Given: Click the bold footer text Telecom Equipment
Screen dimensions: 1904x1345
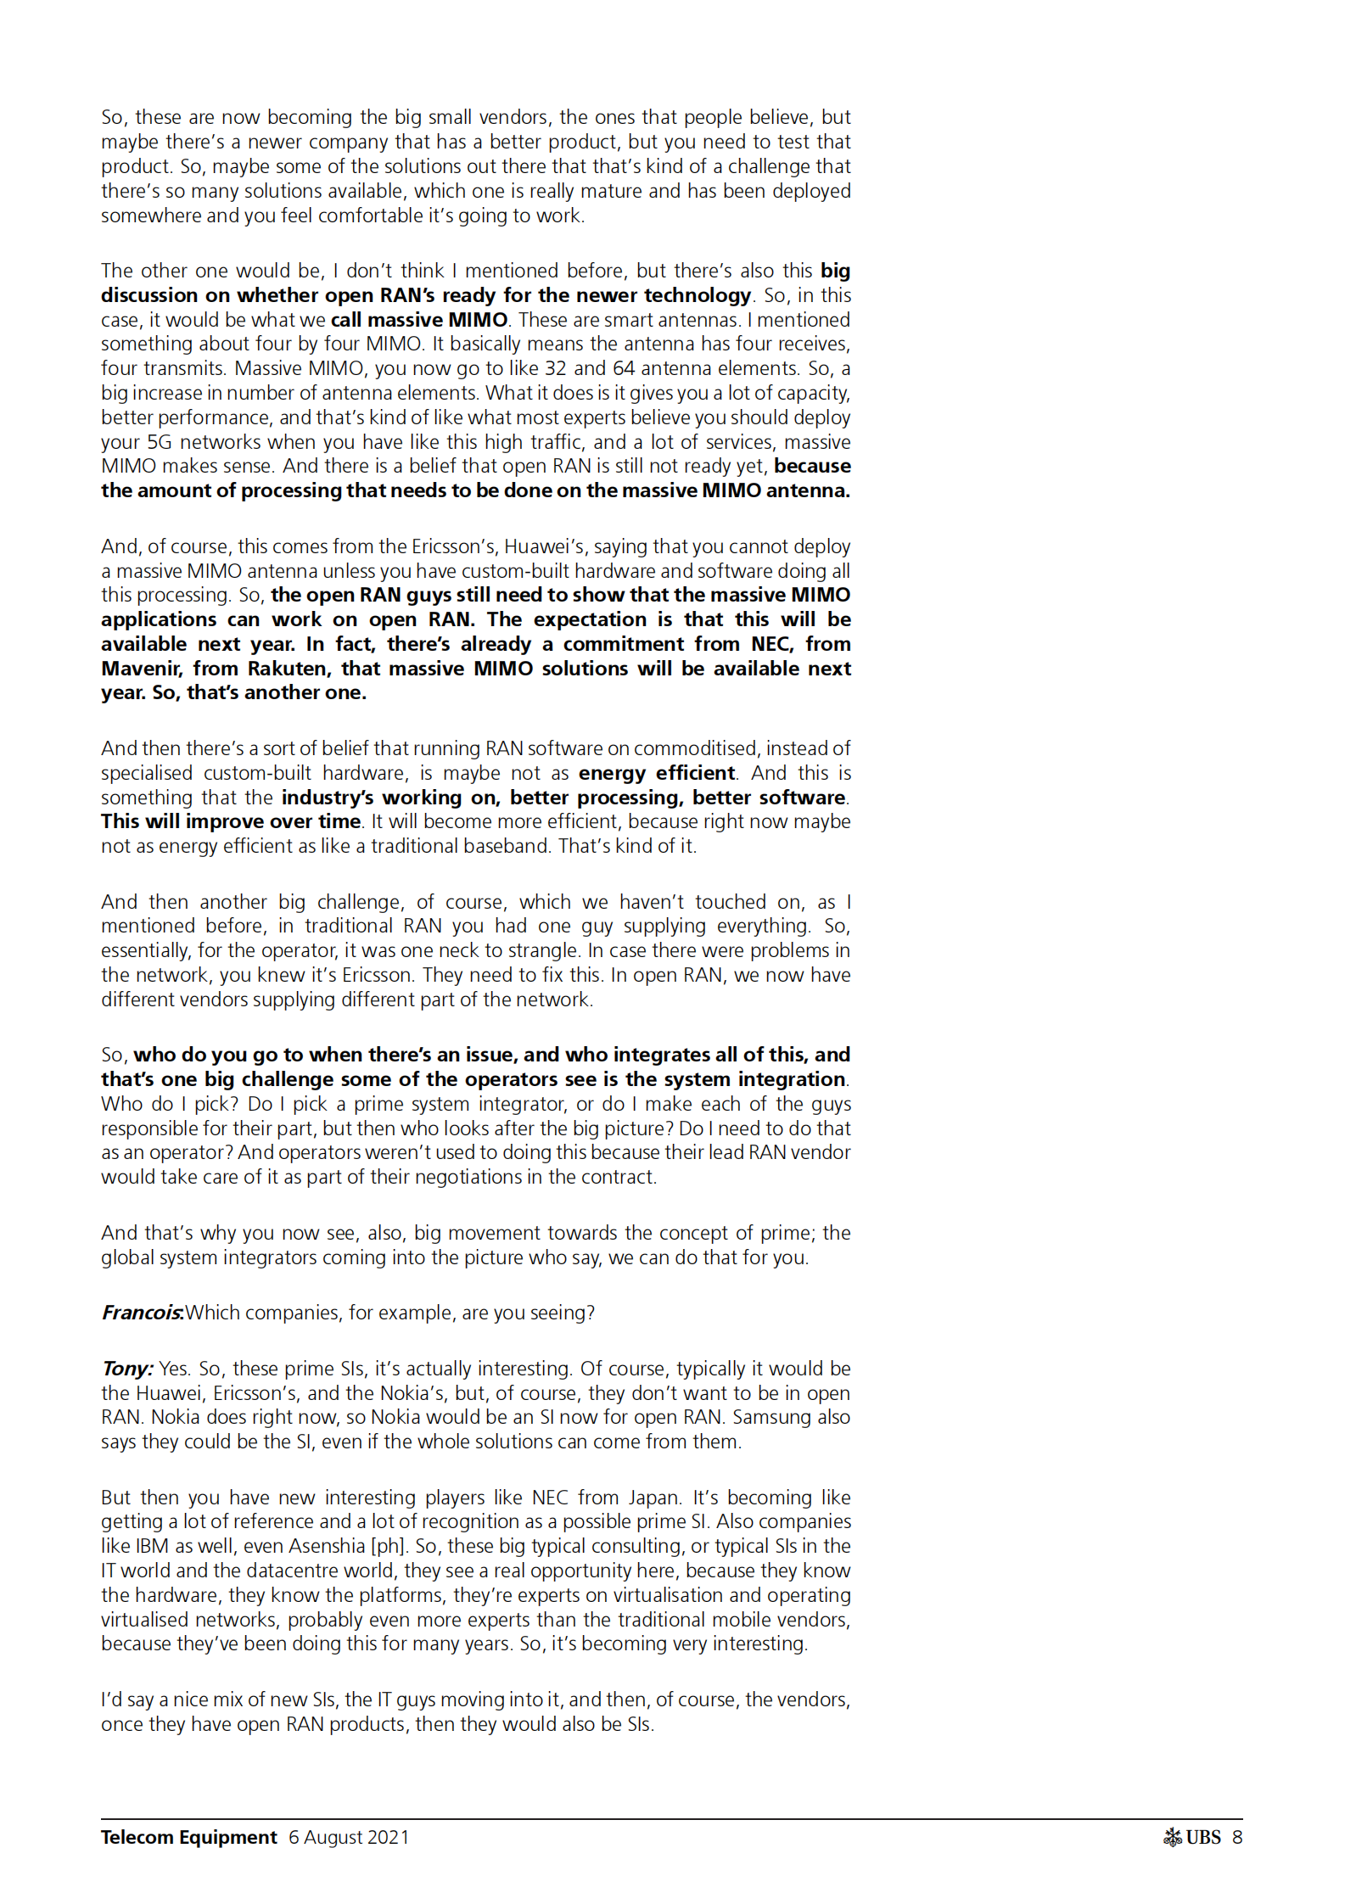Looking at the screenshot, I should coord(188,1837).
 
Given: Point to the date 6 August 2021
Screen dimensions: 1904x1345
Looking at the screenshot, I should coord(349,1837).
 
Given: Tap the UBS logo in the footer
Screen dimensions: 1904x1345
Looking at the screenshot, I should coord(1191,1837).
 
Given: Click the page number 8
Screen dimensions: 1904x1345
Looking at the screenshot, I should coord(1237,1837).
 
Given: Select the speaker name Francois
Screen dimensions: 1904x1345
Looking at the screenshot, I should coord(142,1313).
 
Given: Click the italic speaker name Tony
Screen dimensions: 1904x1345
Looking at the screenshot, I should coord(126,1369).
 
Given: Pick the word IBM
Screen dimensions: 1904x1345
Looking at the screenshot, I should coord(151,1546).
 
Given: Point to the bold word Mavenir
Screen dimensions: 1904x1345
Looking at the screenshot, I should coord(141,669).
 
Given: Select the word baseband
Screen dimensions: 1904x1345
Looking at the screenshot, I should coord(507,846).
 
